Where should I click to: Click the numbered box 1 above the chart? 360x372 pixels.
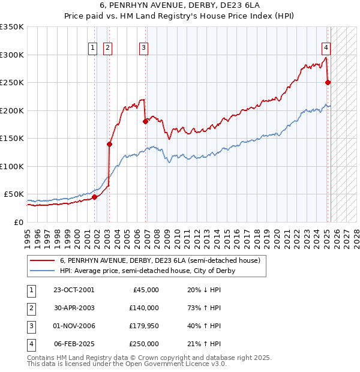(x=94, y=49)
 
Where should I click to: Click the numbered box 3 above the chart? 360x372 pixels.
(x=144, y=49)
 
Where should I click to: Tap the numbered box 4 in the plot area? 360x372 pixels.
(x=326, y=49)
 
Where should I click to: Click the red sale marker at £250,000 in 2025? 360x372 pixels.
(x=328, y=83)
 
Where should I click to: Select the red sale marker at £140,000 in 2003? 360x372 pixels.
(x=110, y=144)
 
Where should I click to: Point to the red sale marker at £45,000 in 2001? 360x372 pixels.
(x=95, y=197)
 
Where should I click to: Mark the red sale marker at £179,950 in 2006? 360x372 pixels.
(x=145, y=122)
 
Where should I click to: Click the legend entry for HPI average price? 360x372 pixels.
(x=147, y=271)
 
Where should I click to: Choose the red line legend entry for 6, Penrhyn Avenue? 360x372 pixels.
(x=160, y=260)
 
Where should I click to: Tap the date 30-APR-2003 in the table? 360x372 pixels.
(x=74, y=307)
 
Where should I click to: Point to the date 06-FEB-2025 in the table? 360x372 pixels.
(x=74, y=344)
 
